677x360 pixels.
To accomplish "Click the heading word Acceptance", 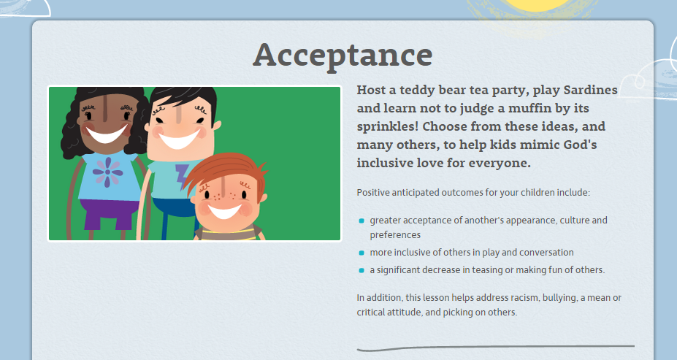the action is tap(343, 55).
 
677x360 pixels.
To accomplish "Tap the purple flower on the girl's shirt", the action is tap(107, 172).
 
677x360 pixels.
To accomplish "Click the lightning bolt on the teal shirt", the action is tap(183, 177).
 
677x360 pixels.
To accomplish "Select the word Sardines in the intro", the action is tap(591, 90).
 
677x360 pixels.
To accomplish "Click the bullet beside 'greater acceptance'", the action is tap(362, 221).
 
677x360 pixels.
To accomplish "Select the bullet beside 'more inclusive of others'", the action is tap(362, 253).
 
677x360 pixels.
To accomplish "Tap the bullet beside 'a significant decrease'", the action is tap(362, 271).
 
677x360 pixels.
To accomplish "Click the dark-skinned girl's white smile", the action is tap(107, 134).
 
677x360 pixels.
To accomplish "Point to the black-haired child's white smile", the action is tap(180, 139).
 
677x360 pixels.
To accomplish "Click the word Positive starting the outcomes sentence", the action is tap(372, 193).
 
